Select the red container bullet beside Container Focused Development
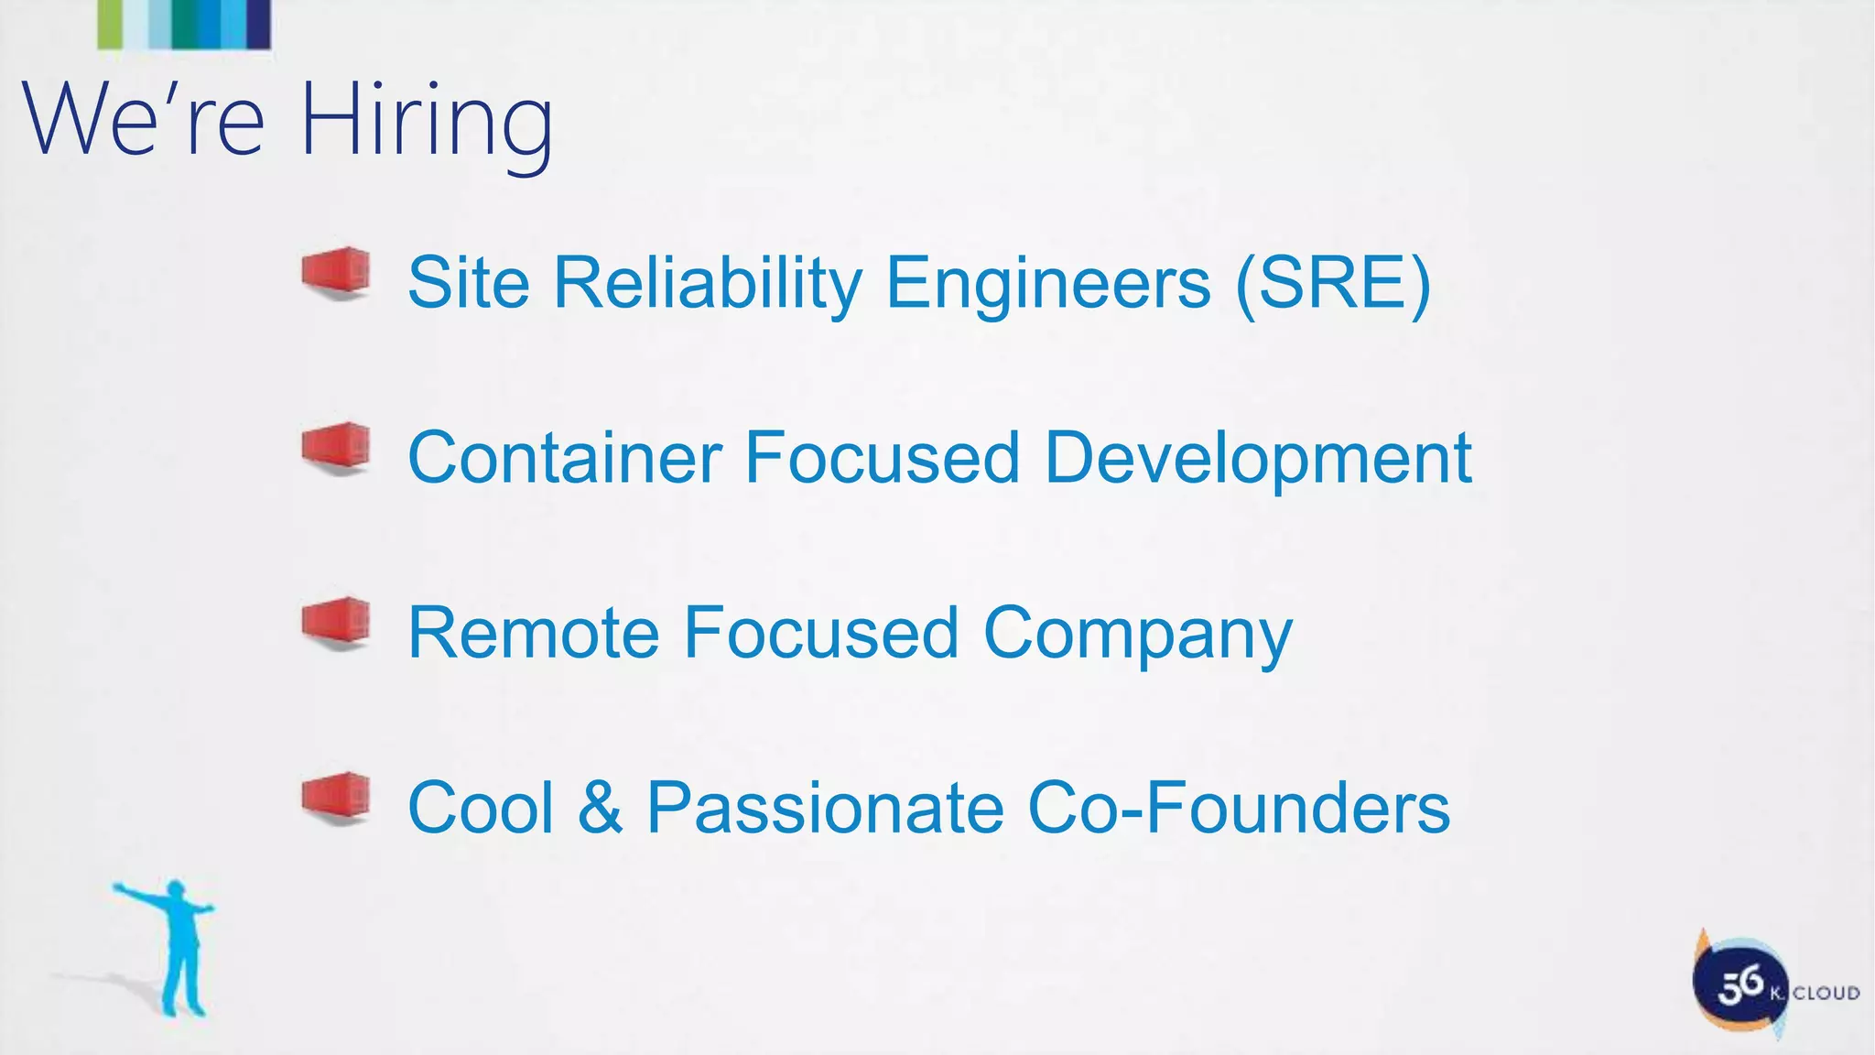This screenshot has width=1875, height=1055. [x=337, y=448]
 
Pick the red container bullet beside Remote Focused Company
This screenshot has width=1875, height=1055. [x=337, y=623]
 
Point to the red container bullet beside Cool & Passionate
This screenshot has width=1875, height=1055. [x=337, y=798]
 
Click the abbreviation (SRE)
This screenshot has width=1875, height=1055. [x=1332, y=283]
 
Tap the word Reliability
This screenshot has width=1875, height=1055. [x=708, y=283]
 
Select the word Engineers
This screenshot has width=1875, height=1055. [x=1048, y=283]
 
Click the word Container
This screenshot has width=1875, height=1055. [x=564, y=457]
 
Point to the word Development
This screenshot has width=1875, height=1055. [x=1257, y=459]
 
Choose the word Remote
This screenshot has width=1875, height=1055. [x=533, y=633]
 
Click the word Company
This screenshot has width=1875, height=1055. [x=1137, y=635]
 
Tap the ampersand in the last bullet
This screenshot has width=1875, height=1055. [x=601, y=809]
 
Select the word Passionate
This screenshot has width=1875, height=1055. [x=825, y=809]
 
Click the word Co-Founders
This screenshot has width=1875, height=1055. [x=1239, y=809]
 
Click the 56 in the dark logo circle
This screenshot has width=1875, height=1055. [x=1739, y=986]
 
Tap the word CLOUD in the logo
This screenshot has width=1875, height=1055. [x=1826, y=994]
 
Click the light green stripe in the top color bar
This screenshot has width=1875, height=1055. [x=110, y=24]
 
